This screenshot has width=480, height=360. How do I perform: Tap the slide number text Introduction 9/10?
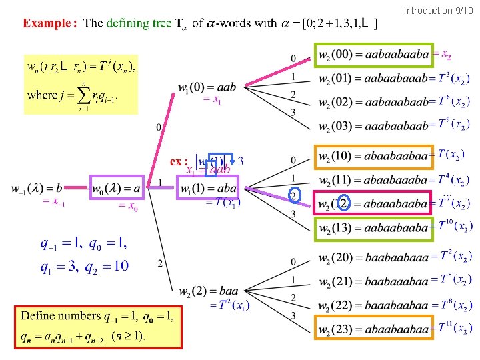point(438,11)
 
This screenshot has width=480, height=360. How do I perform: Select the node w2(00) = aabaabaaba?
point(373,55)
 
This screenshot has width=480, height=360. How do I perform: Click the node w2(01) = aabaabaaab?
point(373,79)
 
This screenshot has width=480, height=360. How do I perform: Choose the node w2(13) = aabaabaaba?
point(373,228)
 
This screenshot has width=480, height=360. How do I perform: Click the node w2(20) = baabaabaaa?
point(373,257)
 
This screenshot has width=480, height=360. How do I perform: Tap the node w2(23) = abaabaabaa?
point(373,328)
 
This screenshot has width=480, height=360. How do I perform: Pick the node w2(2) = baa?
point(209,291)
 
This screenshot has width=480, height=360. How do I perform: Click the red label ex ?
point(179,161)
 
